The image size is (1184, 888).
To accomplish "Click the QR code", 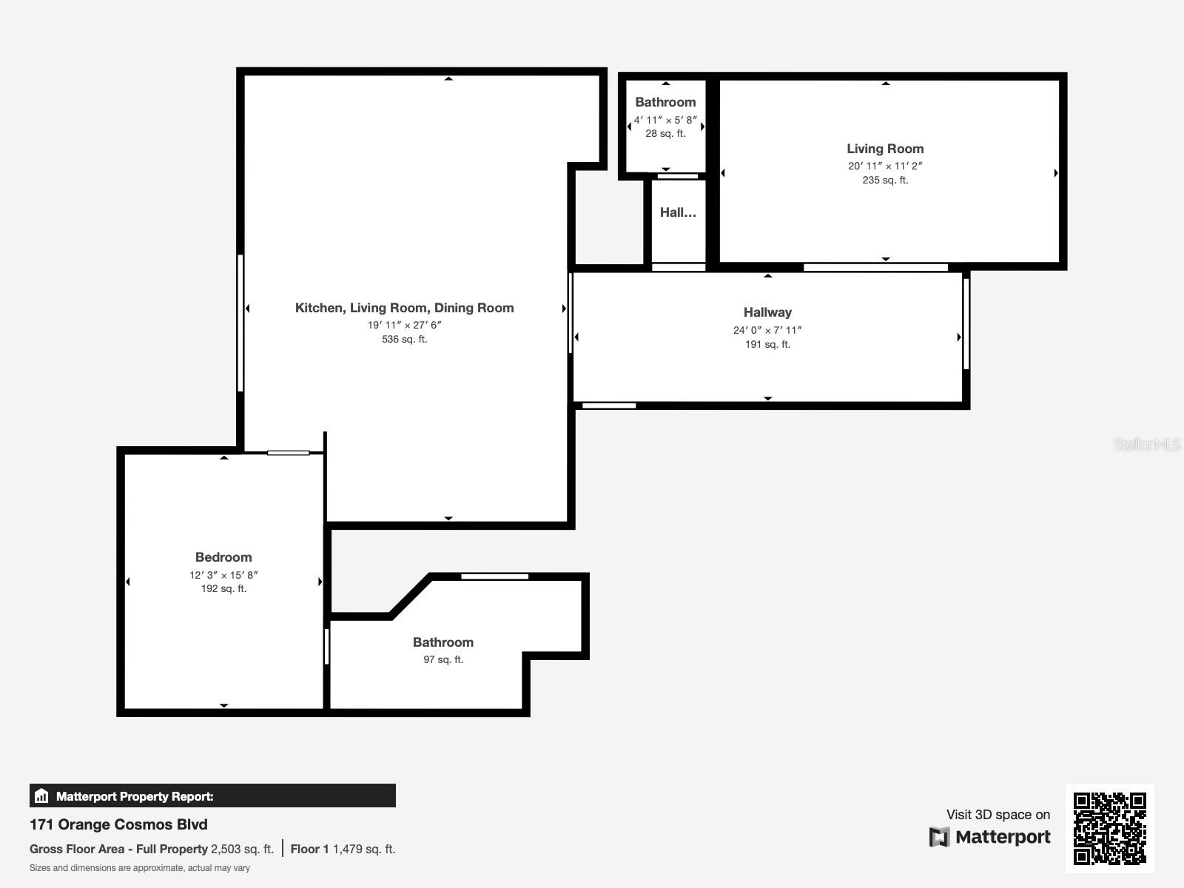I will click(1109, 828).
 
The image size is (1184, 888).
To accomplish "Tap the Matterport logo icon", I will click(939, 837).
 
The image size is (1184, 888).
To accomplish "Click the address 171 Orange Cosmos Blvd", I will click(118, 824).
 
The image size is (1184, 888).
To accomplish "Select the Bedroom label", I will click(223, 557).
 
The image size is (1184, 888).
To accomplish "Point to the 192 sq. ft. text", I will click(223, 588).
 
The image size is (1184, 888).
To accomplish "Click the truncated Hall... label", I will click(678, 212).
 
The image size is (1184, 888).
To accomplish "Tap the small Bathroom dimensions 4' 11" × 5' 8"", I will click(665, 120).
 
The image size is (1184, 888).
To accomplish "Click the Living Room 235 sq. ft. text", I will click(885, 180).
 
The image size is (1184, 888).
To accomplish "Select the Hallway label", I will click(767, 312).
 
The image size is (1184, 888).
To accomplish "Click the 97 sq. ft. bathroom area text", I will click(443, 659).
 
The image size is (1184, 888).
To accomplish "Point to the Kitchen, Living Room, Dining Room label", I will click(404, 308).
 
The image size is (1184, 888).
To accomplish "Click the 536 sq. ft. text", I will click(404, 339).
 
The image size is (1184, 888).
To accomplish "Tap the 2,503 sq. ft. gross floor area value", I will click(242, 849).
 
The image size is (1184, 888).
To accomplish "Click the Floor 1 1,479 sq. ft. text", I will click(343, 849).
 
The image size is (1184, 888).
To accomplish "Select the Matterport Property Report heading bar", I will click(212, 796).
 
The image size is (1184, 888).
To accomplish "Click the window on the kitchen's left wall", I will click(240, 323).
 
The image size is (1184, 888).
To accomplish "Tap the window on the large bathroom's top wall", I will click(494, 576).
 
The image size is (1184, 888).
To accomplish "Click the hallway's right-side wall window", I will click(966, 323).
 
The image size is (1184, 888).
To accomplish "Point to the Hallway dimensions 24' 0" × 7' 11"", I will click(767, 330).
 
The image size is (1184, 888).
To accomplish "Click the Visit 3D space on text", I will click(998, 815).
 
